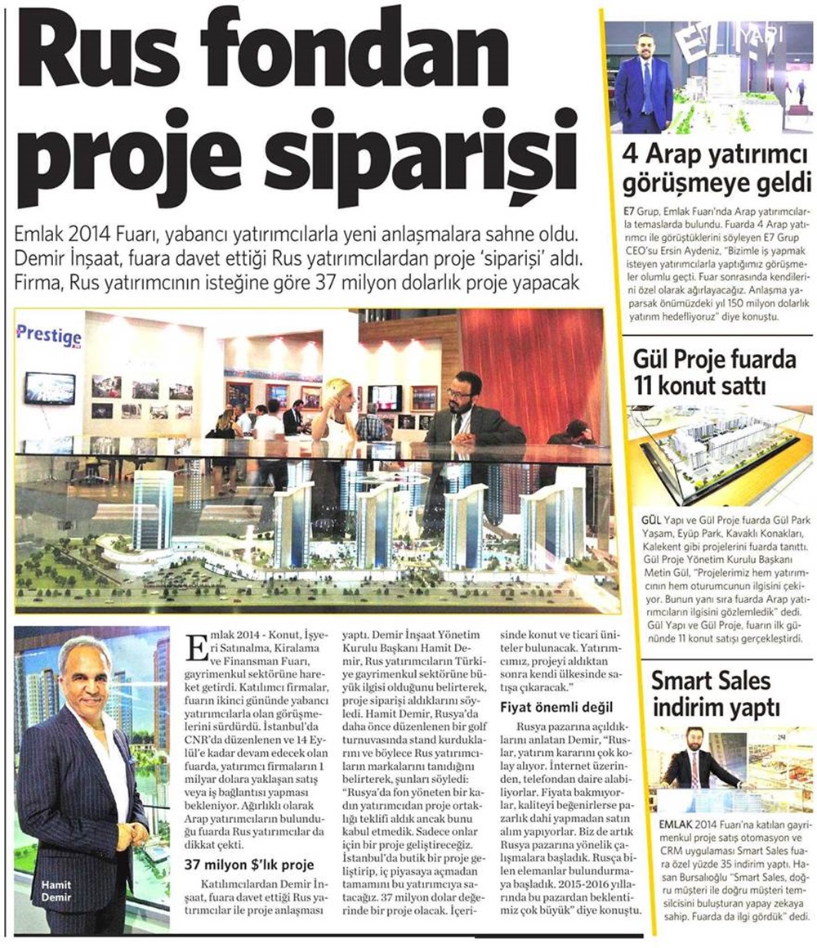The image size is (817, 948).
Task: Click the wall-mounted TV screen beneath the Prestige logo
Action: coord(49,388)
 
